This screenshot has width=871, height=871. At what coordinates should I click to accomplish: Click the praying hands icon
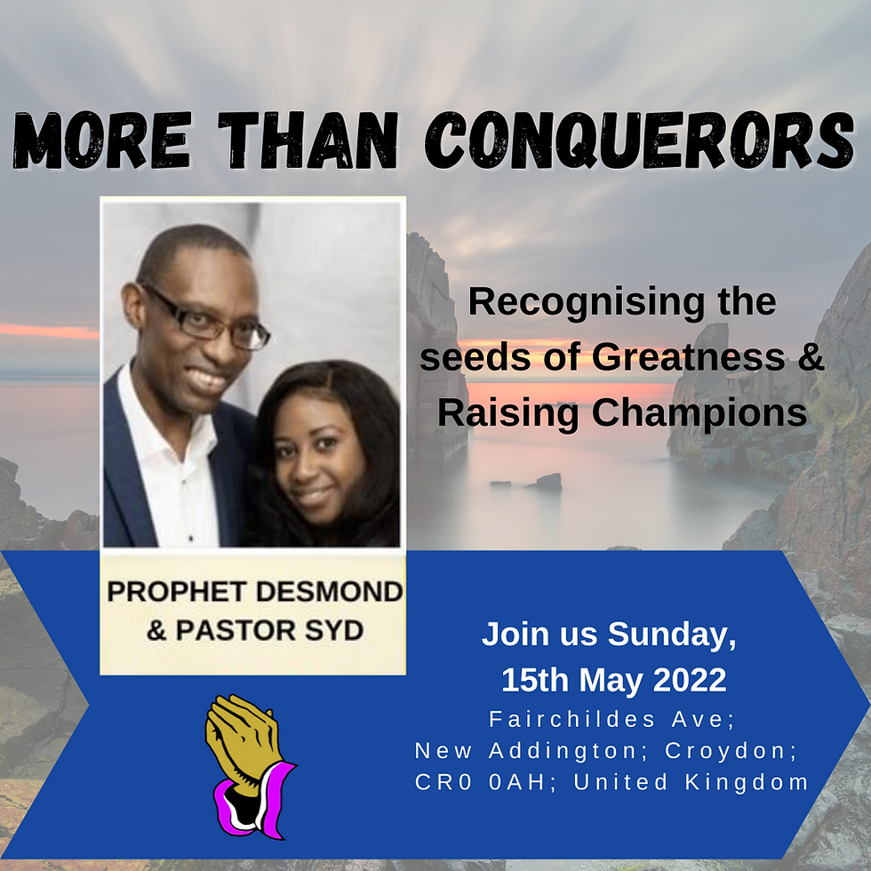coord(244,747)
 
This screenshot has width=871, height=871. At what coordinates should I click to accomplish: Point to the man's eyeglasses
coord(210,320)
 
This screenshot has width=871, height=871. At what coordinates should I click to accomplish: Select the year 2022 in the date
coord(690,680)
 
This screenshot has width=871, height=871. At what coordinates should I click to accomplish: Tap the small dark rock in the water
coord(547,481)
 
